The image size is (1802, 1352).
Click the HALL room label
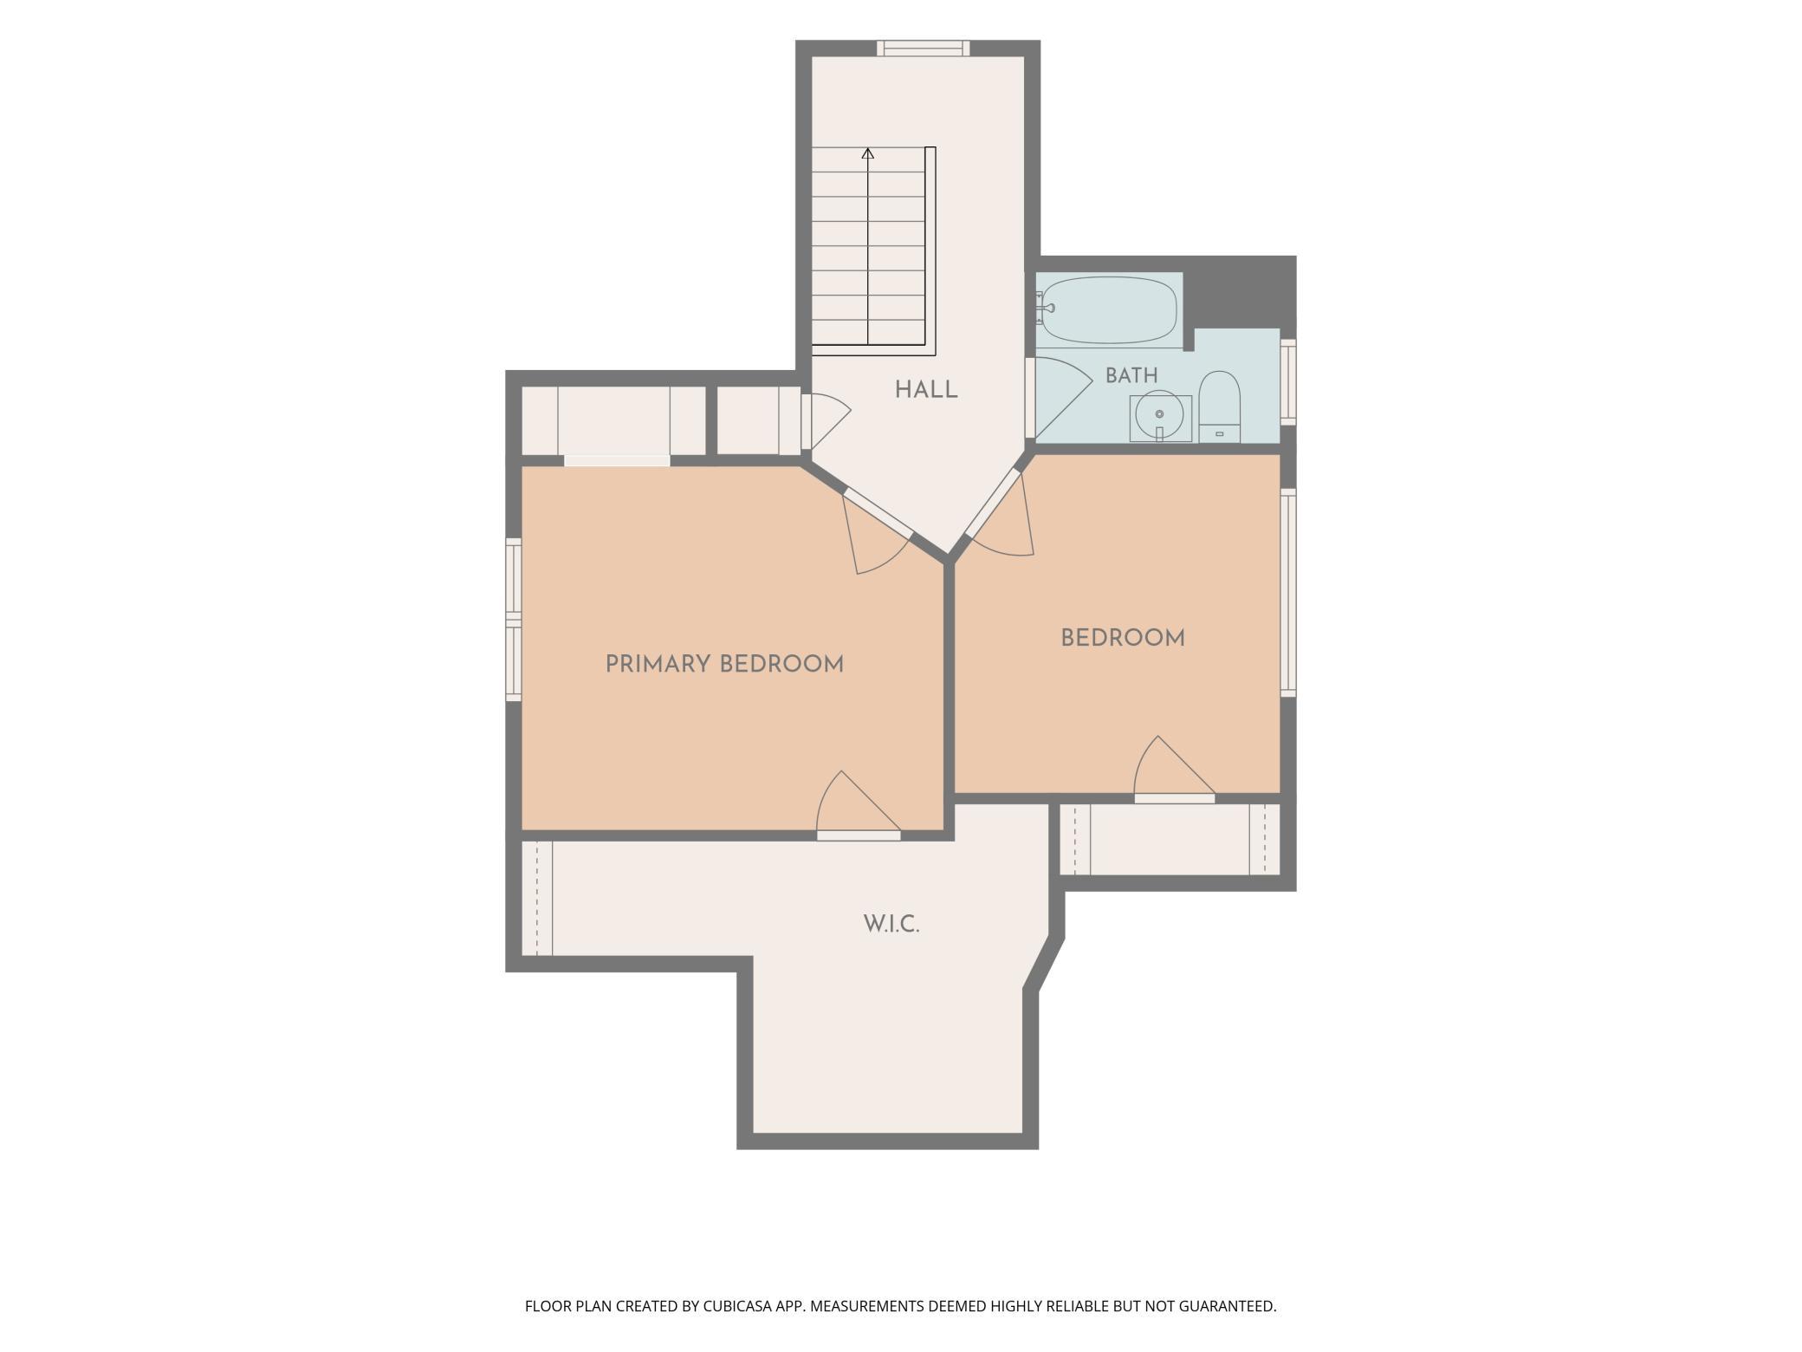(926, 390)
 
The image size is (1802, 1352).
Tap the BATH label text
(1131, 375)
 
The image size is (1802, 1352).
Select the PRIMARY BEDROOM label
(724, 665)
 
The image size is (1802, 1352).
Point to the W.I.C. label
(891, 925)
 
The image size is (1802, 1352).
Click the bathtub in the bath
(1110, 310)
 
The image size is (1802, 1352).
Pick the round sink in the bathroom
(1159, 415)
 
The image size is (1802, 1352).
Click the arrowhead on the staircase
(868, 153)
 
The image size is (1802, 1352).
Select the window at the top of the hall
(923, 49)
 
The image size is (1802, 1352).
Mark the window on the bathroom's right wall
(1288, 382)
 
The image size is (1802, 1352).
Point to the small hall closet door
(825, 421)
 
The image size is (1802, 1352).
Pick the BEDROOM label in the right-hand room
(1123, 639)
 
